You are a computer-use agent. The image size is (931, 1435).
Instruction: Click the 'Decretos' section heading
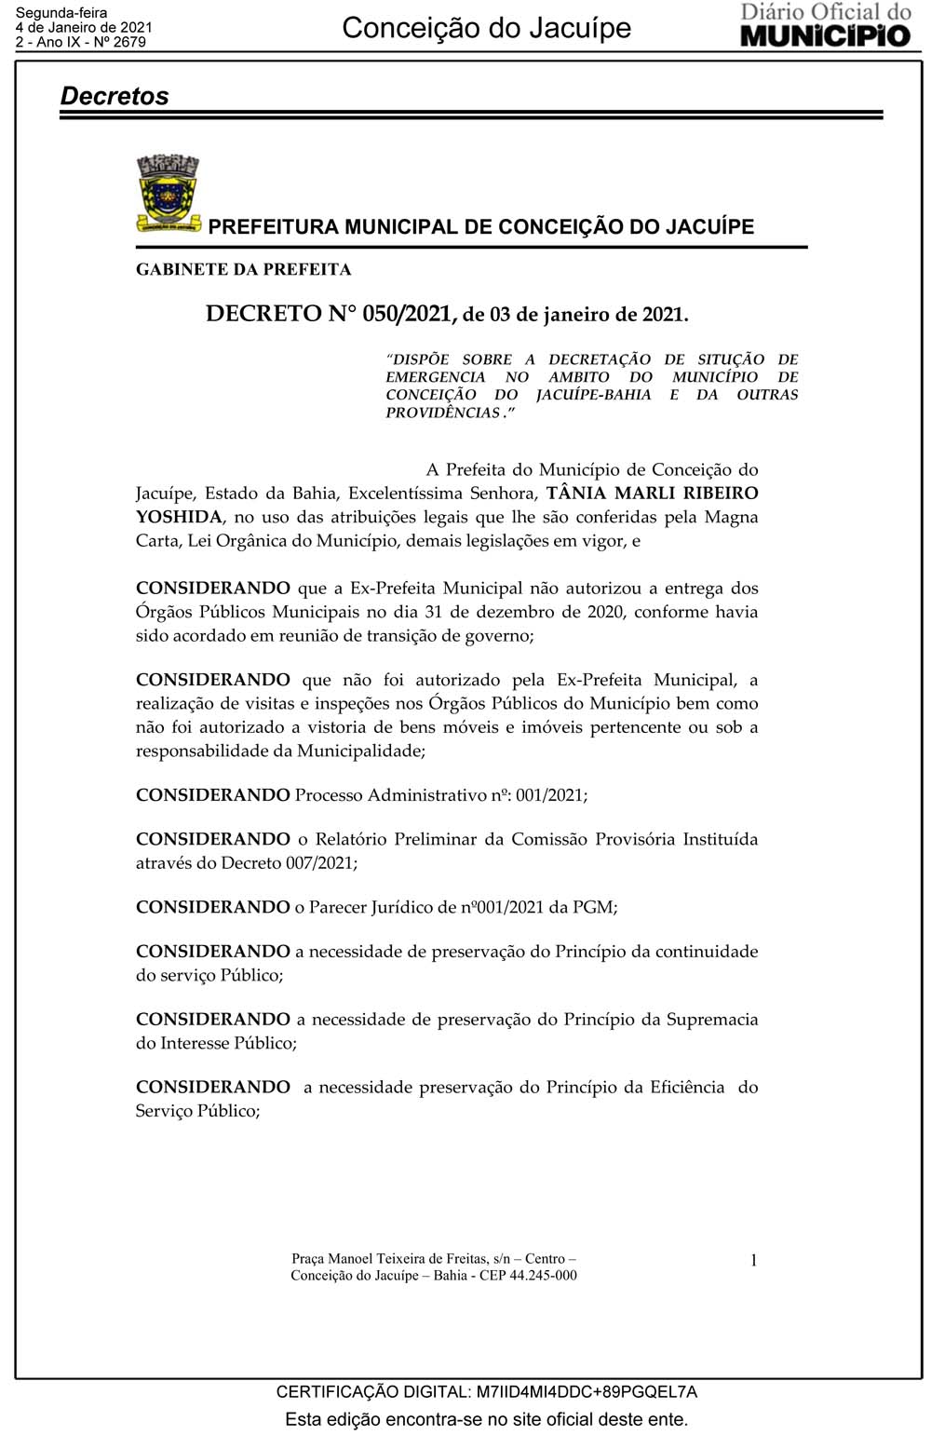tap(115, 96)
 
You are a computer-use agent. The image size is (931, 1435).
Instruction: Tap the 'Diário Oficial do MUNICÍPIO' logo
tap(825, 25)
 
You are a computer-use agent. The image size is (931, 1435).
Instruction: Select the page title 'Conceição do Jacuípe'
tap(486, 28)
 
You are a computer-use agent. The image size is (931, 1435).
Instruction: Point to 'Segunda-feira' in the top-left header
tap(61, 13)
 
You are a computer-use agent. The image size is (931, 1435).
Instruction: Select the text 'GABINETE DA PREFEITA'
tap(243, 270)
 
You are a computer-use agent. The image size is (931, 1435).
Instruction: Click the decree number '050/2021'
tap(407, 314)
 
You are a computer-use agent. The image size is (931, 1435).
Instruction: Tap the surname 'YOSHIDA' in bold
tap(179, 517)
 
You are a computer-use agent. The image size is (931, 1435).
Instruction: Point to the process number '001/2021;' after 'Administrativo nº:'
tap(551, 795)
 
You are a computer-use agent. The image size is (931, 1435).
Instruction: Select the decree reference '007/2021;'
tap(321, 863)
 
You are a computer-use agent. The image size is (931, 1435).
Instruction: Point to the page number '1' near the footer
tap(753, 1261)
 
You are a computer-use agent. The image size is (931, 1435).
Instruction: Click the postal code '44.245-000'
tap(543, 1276)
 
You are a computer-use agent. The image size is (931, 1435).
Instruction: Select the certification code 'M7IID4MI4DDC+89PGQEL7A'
tap(587, 1392)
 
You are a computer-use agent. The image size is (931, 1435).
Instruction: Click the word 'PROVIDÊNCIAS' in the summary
tap(442, 413)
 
